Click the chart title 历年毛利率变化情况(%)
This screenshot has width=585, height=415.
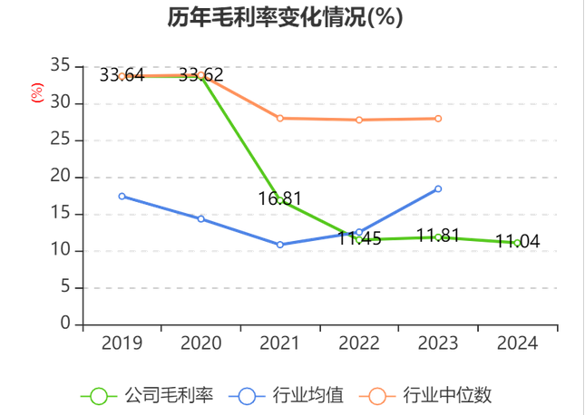click(x=285, y=18)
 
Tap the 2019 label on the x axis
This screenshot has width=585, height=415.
click(x=122, y=343)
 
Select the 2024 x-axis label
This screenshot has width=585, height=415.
click(x=517, y=343)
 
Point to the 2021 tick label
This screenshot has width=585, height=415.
click(x=279, y=343)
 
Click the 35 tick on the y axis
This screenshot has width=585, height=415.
click(x=60, y=66)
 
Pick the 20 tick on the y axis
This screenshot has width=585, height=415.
click(x=60, y=177)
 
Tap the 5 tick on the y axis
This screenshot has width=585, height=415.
click(x=64, y=287)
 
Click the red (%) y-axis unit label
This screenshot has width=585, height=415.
click(x=37, y=92)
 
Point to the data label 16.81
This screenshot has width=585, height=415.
click(x=279, y=198)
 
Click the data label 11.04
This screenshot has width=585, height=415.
click(x=518, y=241)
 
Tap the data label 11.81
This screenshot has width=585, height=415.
click(x=439, y=236)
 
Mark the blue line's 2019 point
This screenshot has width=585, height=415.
click(x=122, y=196)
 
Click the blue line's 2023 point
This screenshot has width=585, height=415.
click(x=438, y=188)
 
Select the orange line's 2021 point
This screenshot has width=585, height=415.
click(x=279, y=118)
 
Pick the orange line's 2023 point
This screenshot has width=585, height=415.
click(x=438, y=119)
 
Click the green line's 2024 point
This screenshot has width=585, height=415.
click(x=517, y=242)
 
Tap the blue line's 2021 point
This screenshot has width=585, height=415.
click(x=279, y=245)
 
